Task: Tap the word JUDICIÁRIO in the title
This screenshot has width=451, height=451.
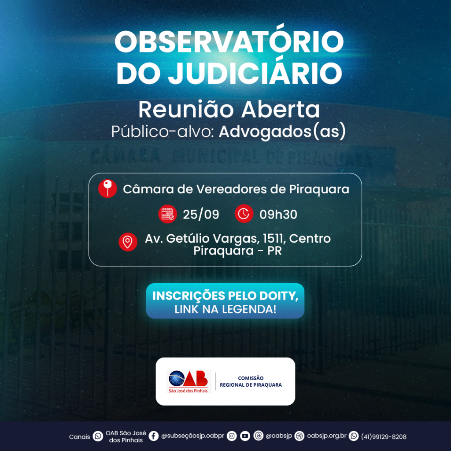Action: (x=255, y=73)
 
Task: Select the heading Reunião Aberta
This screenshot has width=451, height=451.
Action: (x=229, y=109)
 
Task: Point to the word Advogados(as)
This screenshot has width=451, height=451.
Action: (x=282, y=131)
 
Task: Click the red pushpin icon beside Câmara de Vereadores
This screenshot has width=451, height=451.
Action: (x=107, y=189)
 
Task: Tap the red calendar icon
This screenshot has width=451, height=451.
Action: (x=167, y=214)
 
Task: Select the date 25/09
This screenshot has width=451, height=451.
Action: (x=201, y=214)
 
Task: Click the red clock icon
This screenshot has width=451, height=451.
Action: (x=244, y=214)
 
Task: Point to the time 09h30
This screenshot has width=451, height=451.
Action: (x=278, y=214)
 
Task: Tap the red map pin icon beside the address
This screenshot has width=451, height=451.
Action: (x=128, y=242)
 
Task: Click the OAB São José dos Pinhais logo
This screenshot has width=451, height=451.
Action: (x=189, y=381)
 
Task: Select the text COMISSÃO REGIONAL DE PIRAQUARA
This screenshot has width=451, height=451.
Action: (x=251, y=381)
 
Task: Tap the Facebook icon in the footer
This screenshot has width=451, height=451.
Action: (x=154, y=436)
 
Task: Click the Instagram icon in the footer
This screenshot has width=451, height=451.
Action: (x=232, y=436)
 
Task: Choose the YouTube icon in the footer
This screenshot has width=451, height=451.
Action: (x=245, y=436)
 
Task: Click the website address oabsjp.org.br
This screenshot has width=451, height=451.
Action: (x=327, y=436)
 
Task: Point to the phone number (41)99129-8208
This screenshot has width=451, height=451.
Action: (x=384, y=436)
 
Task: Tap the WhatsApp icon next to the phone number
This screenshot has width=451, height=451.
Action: (x=354, y=436)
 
